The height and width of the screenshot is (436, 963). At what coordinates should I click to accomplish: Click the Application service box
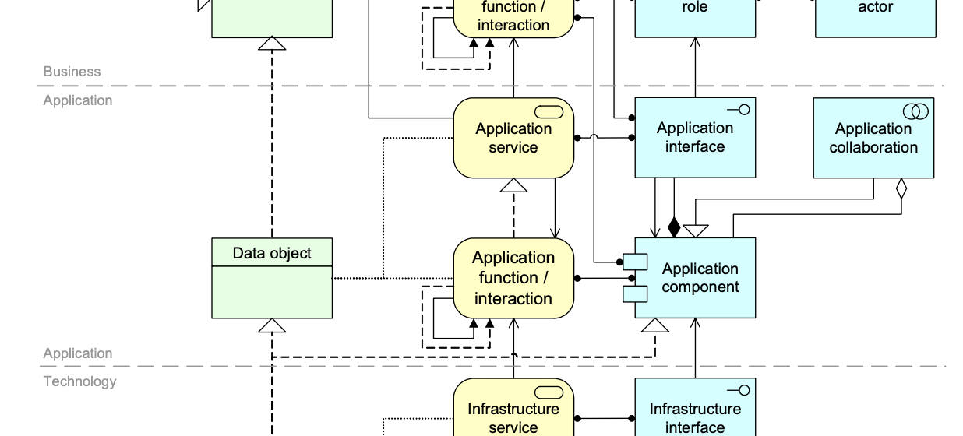513,138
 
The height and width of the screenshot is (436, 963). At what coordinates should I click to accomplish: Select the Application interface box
695,138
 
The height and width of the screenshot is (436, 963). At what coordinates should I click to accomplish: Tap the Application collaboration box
873,138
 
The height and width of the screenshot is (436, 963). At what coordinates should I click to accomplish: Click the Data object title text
272,253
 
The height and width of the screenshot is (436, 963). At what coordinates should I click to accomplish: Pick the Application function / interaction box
513,278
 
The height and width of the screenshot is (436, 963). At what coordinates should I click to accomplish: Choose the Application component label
700,278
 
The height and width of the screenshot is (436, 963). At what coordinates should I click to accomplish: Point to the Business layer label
72,72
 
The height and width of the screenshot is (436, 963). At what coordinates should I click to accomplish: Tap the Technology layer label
79,381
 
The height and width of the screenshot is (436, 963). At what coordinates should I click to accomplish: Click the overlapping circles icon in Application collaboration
915,111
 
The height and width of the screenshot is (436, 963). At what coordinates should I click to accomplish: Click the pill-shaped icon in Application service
549,112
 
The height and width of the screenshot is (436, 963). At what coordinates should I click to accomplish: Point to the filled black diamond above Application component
674,227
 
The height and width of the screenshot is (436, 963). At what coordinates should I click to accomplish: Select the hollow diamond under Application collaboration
901,188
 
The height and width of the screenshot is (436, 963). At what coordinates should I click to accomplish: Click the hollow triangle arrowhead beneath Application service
513,185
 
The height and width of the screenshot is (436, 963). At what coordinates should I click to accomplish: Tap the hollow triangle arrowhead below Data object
272,325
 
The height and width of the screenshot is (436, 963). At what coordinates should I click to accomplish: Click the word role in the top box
695,7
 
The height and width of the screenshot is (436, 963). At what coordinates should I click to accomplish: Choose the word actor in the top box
875,7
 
